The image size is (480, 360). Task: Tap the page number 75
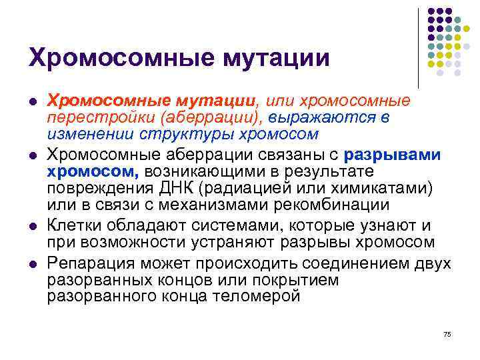pos(447,333)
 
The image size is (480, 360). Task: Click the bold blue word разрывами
pos(393,155)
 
